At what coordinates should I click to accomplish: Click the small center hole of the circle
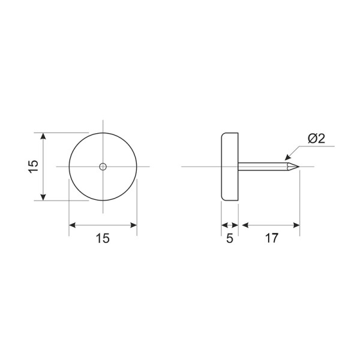(x=103, y=167)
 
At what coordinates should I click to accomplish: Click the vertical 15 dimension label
(x=34, y=166)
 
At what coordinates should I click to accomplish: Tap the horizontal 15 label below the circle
(x=103, y=238)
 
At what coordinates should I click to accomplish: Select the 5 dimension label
(x=230, y=238)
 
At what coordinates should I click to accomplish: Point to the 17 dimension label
(x=272, y=238)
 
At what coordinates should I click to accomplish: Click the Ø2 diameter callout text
(x=317, y=139)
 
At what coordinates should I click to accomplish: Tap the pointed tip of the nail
(x=299, y=167)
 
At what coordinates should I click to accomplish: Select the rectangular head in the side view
(x=230, y=167)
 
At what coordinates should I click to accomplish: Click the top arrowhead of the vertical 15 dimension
(x=43, y=136)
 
